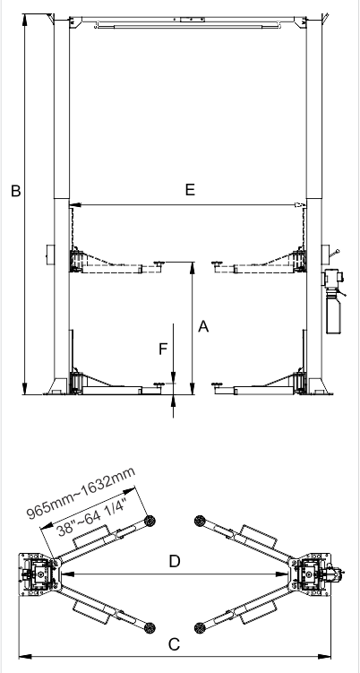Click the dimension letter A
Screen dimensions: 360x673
(203, 326)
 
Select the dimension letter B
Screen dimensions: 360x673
(15, 191)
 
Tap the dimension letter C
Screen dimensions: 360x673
(174, 644)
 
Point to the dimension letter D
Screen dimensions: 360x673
(175, 561)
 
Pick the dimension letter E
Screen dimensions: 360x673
(190, 189)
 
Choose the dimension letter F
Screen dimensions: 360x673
(163, 349)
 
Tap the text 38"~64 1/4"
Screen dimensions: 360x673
(92, 517)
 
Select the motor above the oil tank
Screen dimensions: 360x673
(333, 277)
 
